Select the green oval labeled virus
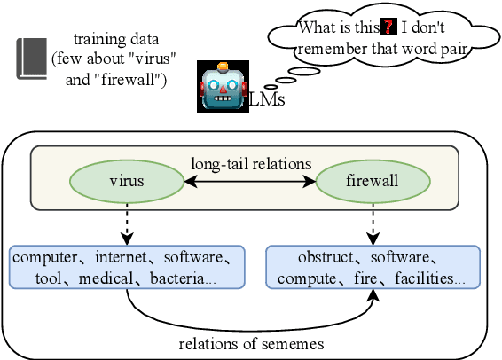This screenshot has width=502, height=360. click(126, 182)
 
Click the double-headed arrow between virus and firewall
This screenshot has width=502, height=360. click(250, 182)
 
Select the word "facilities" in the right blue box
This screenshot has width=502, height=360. click(429, 278)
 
